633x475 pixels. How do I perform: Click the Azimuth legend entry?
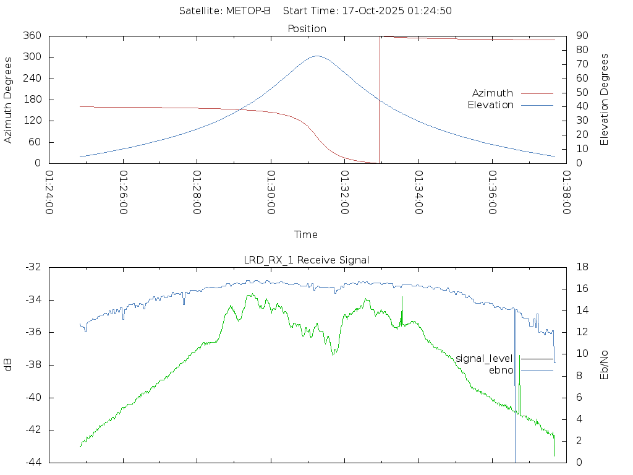tap(493, 93)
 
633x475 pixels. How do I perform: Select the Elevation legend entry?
tap(491, 105)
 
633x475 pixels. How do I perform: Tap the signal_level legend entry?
tap(484, 358)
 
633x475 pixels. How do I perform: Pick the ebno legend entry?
tap(501, 370)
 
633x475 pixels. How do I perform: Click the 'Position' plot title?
tap(307, 28)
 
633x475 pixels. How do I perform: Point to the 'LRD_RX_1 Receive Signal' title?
tap(307, 260)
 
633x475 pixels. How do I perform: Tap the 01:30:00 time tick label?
tap(271, 192)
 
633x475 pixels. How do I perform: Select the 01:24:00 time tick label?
tap(50, 192)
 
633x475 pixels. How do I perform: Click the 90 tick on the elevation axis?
tap(581, 35)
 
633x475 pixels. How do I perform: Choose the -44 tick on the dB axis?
tap(33, 462)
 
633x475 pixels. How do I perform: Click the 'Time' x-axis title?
tap(306, 234)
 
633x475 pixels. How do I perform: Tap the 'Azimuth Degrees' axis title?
tap(8, 100)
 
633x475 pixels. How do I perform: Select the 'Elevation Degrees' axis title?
tap(605, 100)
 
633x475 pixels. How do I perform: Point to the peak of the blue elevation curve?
tap(317, 56)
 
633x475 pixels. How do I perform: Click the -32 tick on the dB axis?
tap(33, 267)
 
